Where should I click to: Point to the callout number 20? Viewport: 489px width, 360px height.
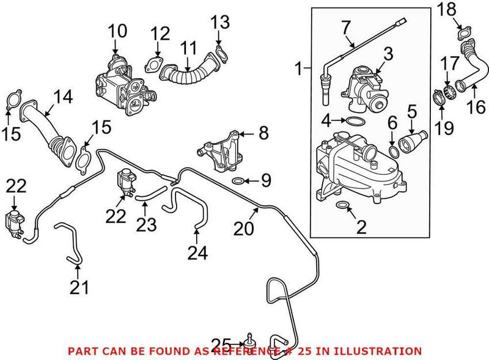coord(244,229)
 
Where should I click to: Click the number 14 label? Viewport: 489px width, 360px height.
coord(62,96)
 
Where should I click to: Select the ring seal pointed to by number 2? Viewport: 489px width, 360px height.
coord(343,205)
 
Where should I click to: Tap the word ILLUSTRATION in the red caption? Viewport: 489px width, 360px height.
coord(381,351)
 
